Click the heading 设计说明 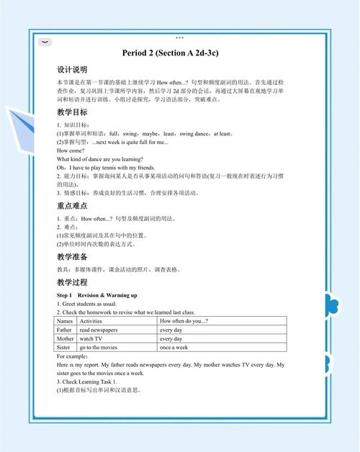[x=72, y=70]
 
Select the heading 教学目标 [x=72, y=113]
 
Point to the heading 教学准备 [x=72, y=256]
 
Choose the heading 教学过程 [x=72, y=281]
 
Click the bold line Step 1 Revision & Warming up [x=97, y=296]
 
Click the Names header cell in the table [x=66, y=321]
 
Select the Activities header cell [x=91, y=321]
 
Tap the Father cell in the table [x=66, y=330]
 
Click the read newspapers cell [x=100, y=330]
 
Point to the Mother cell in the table [x=66, y=338]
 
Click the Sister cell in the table [x=65, y=347]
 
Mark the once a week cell [x=174, y=347]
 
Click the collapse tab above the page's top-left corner [x=45, y=42]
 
